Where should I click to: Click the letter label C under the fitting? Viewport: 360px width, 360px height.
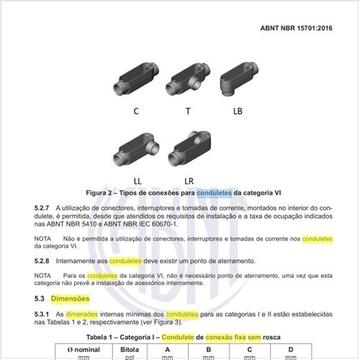point(136,111)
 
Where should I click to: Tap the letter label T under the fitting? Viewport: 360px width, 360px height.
point(188,111)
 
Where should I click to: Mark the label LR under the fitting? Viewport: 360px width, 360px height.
point(189,179)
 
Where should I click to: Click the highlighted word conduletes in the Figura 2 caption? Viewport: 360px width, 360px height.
point(213,193)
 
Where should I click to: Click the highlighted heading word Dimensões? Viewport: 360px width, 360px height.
point(71,298)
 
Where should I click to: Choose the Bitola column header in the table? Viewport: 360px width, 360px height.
point(125,350)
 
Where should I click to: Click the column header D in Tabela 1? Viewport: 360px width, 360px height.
point(290,350)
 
